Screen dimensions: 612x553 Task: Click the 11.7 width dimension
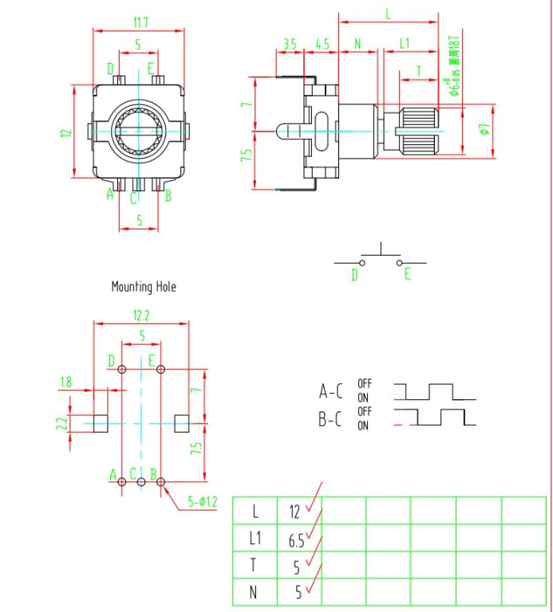pos(138,24)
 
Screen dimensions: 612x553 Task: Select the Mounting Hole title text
pos(144,287)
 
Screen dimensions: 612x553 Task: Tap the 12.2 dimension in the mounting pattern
pos(141,316)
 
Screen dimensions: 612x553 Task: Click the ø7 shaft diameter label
pos(484,127)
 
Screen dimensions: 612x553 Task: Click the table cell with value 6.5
pos(296,539)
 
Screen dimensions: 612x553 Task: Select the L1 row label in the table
pos(255,539)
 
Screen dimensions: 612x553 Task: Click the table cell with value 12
pos(295,512)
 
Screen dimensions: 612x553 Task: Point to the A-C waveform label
pos(331,391)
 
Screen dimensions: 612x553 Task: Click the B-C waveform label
pos(331,419)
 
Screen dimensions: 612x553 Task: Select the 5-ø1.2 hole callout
pos(202,502)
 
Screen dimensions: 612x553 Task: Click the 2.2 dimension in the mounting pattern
pos(61,422)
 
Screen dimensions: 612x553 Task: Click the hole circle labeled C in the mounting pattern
pos(141,482)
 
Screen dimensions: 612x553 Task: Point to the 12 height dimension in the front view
pos(68,132)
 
